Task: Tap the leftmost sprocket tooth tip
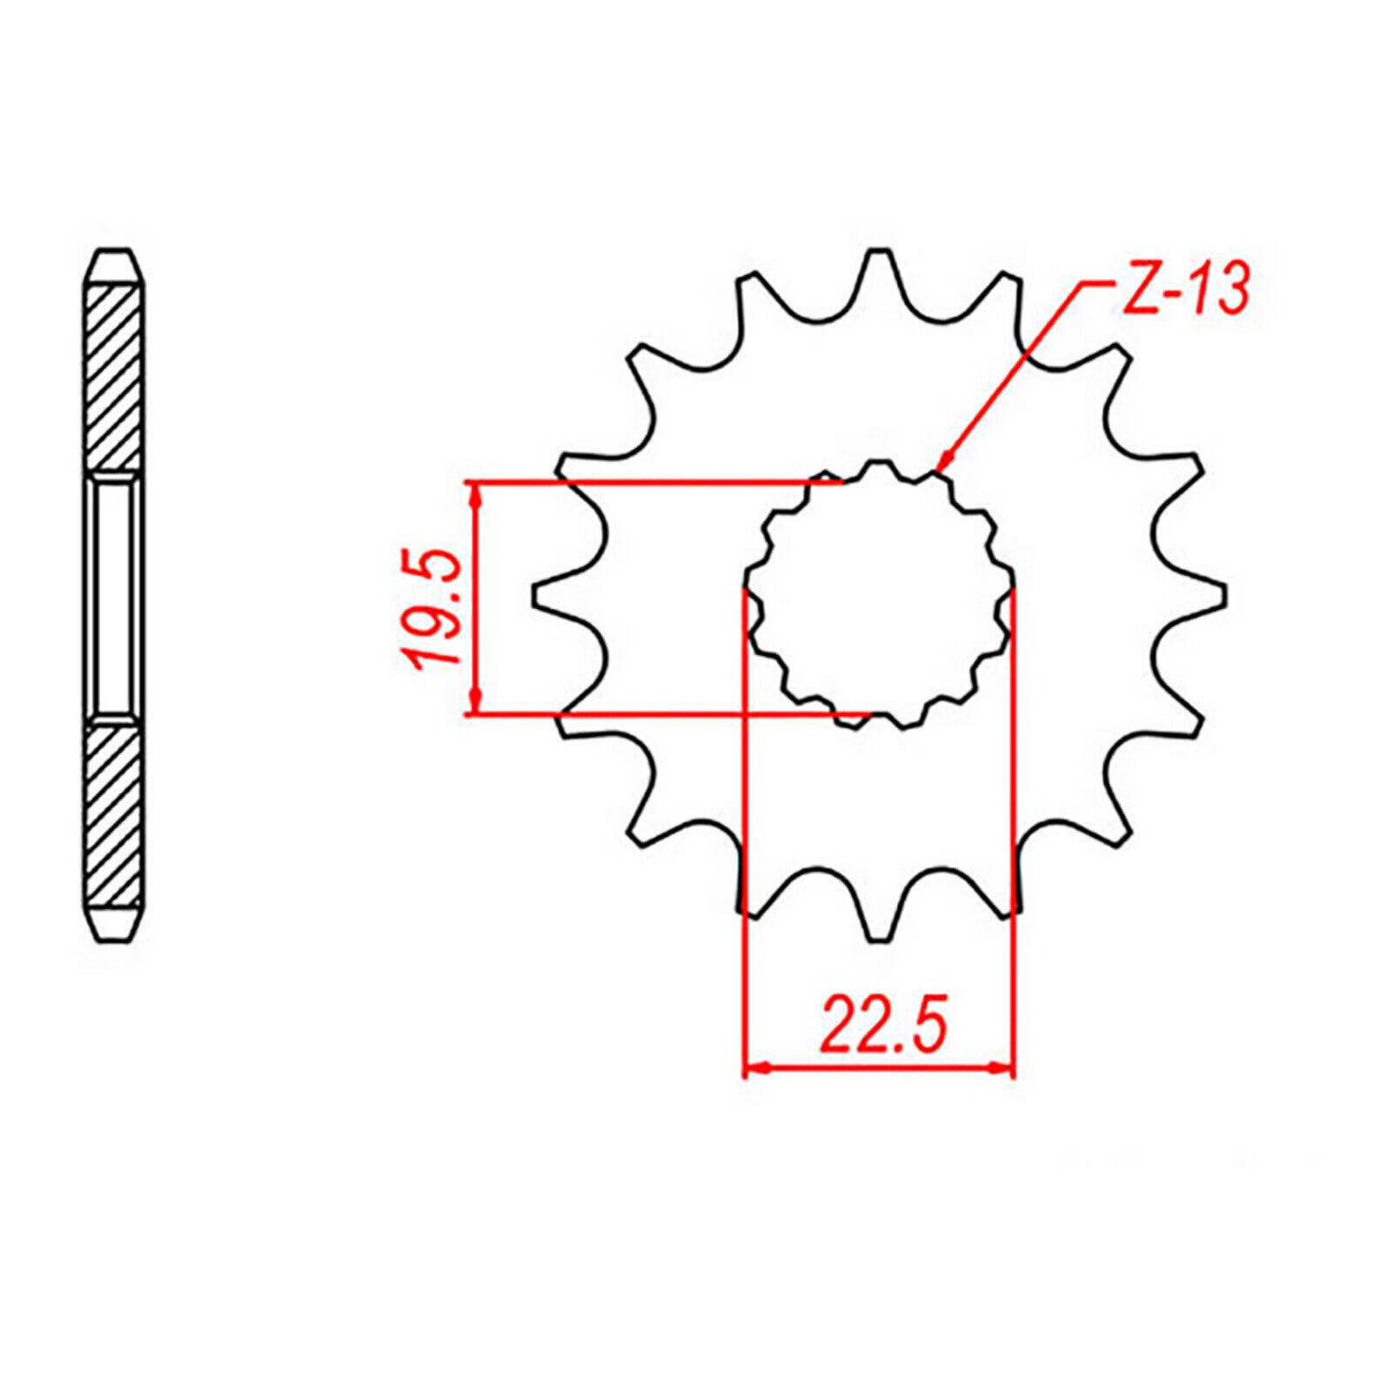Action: click(536, 596)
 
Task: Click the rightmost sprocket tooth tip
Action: click(1221, 596)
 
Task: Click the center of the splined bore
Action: click(879, 596)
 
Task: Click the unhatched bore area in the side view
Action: click(115, 596)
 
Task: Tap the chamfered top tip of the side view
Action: click(115, 255)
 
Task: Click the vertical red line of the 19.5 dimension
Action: click(476, 539)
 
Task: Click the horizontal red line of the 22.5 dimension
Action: click(879, 1067)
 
